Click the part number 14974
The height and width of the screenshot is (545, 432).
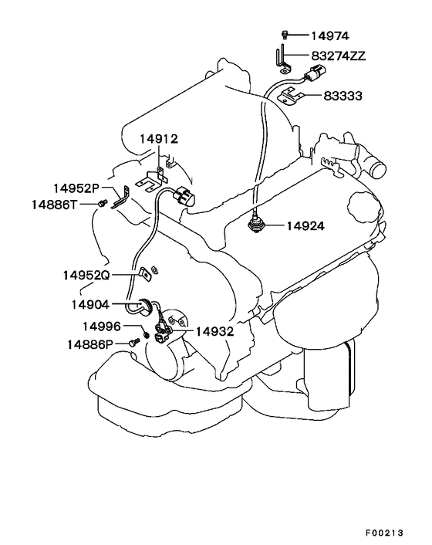pos(330,36)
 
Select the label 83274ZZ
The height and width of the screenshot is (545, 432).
pos(338,56)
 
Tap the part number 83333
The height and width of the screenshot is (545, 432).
pos(343,96)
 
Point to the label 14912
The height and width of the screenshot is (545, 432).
pos(159,139)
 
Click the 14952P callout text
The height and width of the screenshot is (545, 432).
pos(76,188)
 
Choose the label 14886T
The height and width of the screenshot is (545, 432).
pos(54,205)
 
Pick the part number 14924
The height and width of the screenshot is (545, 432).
pos(305,226)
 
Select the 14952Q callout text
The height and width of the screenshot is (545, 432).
pos(86,276)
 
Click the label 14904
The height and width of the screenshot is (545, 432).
pos(90,305)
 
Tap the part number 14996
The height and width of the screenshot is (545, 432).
pos(101,327)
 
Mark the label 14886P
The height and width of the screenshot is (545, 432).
pos(90,344)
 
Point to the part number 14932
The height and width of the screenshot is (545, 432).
pos(214,332)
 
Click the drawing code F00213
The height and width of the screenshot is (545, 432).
pos(384,533)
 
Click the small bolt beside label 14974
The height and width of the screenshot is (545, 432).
pos(285,35)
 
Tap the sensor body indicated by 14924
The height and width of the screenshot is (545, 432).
pos(256,225)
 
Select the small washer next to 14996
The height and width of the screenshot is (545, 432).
pos(147,335)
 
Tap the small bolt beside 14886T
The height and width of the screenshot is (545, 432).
pos(102,202)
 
